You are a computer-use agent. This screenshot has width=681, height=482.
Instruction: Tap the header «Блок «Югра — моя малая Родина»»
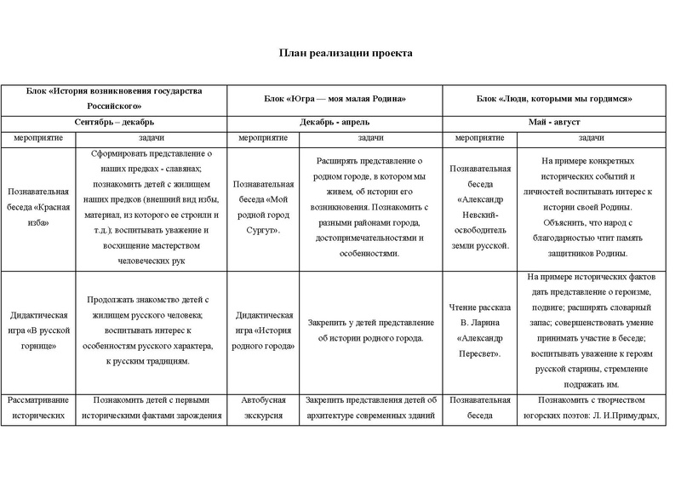(334, 99)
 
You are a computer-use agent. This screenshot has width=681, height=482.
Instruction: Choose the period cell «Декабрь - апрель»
(334, 123)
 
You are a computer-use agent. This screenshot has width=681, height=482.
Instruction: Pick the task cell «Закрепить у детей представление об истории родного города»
(369, 330)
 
